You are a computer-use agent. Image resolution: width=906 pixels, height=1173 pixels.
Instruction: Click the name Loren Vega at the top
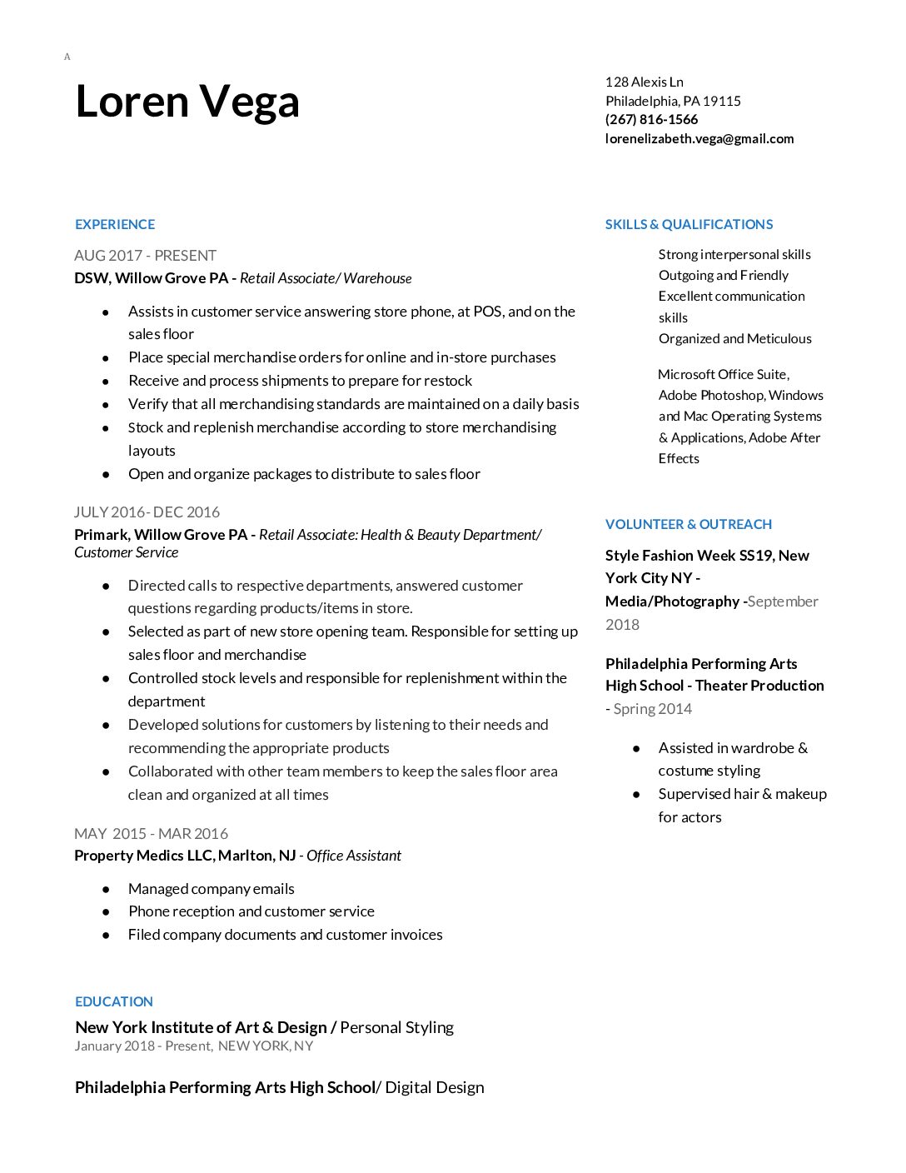[187, 102]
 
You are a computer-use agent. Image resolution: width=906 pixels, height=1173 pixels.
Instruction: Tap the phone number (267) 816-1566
[651, 119]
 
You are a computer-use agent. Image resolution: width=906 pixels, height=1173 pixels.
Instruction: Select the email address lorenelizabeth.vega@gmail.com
[699, 138]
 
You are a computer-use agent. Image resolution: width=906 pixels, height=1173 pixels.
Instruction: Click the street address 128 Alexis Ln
[644, 82]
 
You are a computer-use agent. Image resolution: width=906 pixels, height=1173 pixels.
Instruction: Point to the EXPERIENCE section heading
[115, 224]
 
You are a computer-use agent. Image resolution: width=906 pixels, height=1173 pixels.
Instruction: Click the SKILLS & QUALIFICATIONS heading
[689, 224]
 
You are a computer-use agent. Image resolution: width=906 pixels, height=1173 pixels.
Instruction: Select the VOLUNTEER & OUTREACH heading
[688, 524]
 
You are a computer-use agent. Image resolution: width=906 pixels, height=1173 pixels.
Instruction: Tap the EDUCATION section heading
[114, 1001]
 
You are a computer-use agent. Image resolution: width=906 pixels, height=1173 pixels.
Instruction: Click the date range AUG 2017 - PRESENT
[145, 255]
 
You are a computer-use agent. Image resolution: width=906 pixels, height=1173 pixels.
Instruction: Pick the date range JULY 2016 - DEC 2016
[147, 512]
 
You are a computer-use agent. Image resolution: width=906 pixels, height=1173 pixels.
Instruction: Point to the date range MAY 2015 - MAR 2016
[151, 833]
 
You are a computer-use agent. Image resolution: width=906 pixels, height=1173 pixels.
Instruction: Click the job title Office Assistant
[354, 856]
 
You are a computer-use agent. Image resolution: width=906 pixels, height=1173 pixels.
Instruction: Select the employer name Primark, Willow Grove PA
[160, 534]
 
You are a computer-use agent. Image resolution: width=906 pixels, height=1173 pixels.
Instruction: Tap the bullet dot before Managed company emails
[106, 890]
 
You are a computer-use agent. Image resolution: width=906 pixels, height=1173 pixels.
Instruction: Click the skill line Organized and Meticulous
[734, 338]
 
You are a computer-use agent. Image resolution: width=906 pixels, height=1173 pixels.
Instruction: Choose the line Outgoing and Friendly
[723, 275]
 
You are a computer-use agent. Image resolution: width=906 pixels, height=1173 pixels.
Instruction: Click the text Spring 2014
[653, 708]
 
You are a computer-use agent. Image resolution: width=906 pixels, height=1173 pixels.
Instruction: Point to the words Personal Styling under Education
[396, 1027]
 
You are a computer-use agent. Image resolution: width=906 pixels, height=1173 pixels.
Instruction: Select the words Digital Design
[434, 1087]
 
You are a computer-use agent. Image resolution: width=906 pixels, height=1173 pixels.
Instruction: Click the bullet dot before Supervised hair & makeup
[636, 795]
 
